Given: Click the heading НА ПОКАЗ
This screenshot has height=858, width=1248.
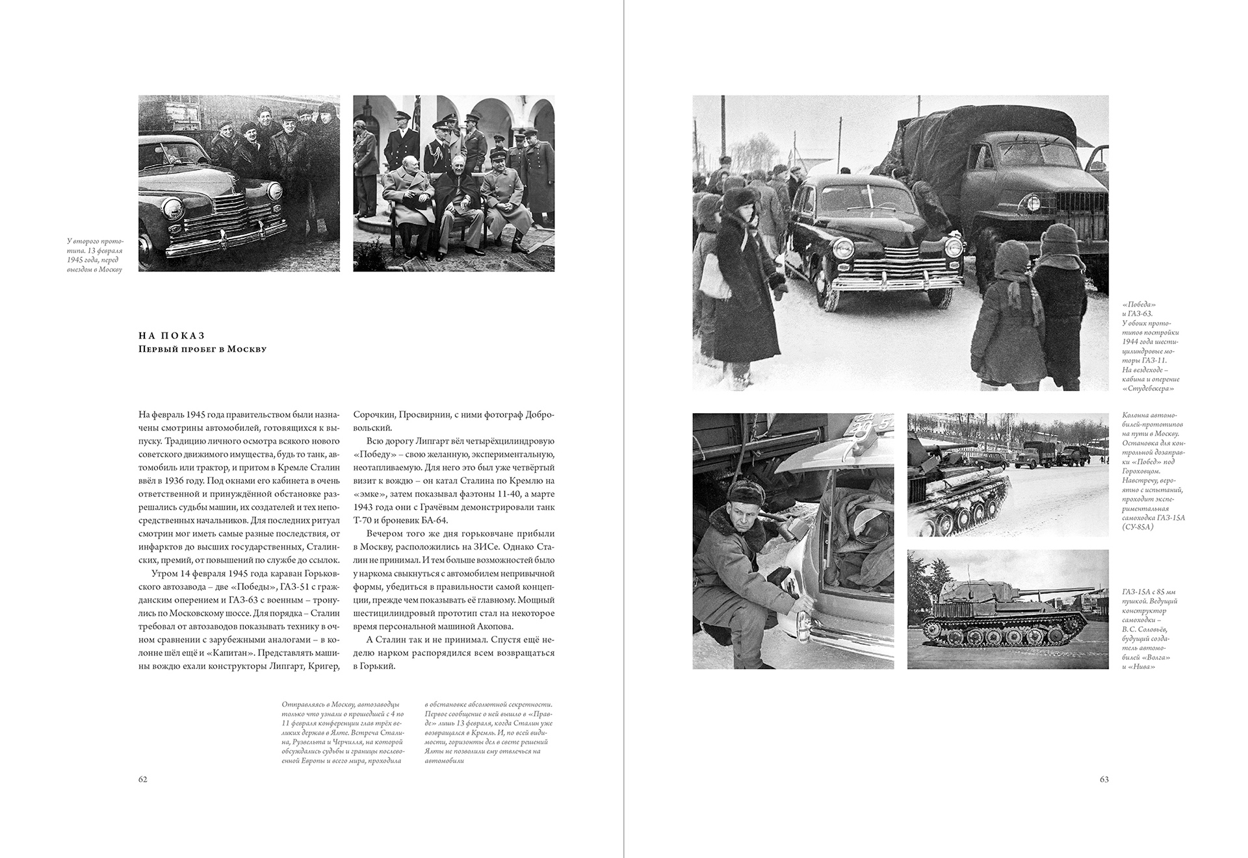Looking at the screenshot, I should [x=172, y=336].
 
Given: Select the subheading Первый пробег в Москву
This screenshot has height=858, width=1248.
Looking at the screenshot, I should [x=202, y=349].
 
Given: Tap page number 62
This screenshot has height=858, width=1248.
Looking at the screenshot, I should [x=143, y=779].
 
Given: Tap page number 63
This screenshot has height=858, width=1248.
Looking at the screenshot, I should [x=1104, y=779].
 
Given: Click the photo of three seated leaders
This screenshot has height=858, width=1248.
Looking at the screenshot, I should [x=454, y=183].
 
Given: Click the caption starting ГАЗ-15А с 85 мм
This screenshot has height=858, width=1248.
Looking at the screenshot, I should [x=1150, y=629].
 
